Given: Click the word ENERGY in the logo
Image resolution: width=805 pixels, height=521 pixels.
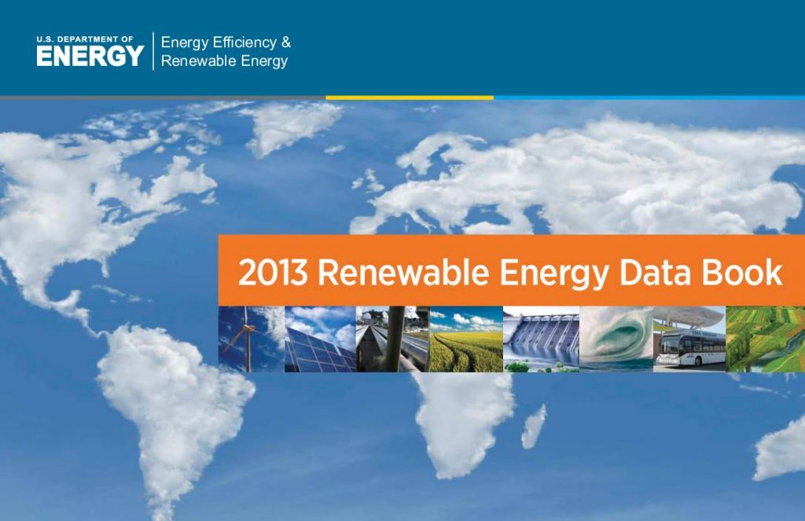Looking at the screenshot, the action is [x=90, y=56].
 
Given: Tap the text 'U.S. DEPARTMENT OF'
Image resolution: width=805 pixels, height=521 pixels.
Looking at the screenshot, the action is [x=85, y=39].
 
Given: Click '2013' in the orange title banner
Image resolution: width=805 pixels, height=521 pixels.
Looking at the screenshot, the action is [x=273, y=273].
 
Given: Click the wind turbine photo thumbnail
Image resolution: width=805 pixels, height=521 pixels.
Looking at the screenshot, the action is [x=251, y=339].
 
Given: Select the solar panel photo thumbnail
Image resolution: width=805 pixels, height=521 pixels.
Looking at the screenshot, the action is [x=321, y=339].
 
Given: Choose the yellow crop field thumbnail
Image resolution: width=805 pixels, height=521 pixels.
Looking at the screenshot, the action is [x=466, y=339].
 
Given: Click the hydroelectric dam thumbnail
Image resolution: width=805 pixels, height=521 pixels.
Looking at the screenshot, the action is [x=541, y=339].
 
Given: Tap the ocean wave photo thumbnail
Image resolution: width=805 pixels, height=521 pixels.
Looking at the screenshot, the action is [x=616, y=339].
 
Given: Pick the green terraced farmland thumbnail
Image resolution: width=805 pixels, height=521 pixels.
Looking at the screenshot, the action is [x=766, y=339].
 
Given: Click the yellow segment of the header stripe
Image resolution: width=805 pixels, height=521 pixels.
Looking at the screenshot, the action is [x=410, y=97].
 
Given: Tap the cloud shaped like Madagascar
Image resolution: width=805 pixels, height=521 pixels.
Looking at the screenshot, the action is [x=534, y=427].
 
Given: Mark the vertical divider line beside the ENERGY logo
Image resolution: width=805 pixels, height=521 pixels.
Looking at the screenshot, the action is [x=153, y=51].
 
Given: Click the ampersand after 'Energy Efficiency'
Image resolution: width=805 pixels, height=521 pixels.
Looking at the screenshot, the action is [x=286, y=42].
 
